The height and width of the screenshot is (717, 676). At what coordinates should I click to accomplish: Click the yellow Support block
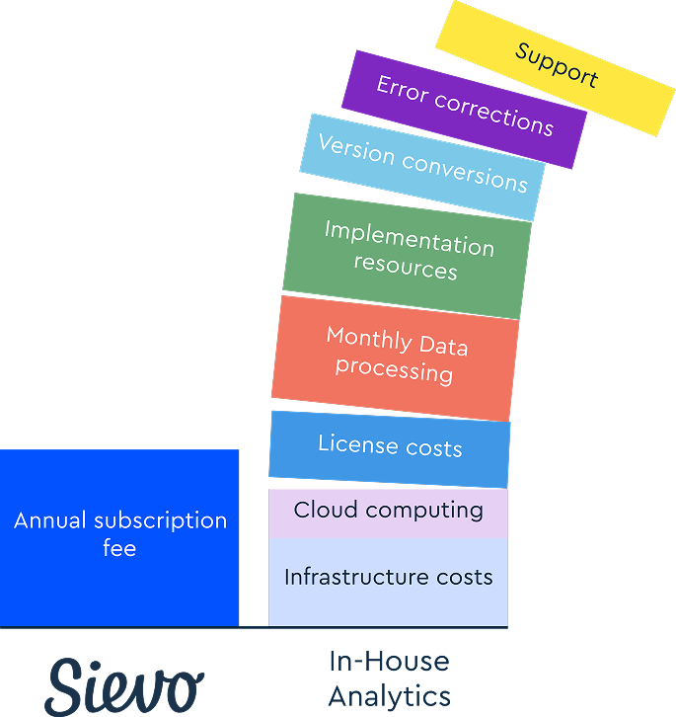[555, 68]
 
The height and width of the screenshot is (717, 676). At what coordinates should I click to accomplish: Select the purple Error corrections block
[464, 109]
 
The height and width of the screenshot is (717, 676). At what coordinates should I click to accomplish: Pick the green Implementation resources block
[407, 256]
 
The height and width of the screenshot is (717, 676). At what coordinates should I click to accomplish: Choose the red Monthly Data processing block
[395, 358]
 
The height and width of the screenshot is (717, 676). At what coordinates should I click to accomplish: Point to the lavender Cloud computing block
[388, 513]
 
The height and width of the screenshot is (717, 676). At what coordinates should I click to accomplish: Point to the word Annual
[50, 520]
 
